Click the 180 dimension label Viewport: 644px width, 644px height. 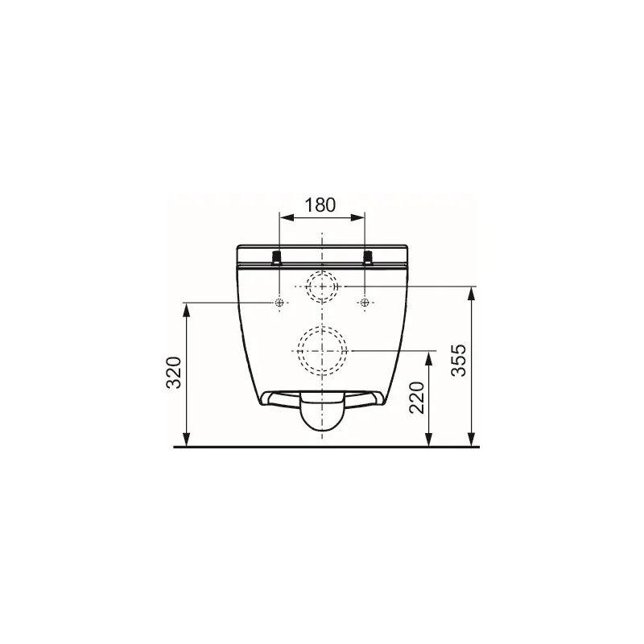(320, 204)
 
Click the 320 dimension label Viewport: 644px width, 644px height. (174, 373)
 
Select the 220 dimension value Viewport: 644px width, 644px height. (417, 398)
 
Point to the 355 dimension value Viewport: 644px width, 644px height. (459, 360)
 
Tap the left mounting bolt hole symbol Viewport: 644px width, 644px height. (279, 303)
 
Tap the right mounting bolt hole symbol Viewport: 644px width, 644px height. (365, 303)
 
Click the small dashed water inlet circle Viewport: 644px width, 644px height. (322, 286)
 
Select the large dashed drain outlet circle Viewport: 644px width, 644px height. (323, 351)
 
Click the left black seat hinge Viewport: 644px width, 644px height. (277, 257)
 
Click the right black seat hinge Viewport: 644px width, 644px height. (368, 257)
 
